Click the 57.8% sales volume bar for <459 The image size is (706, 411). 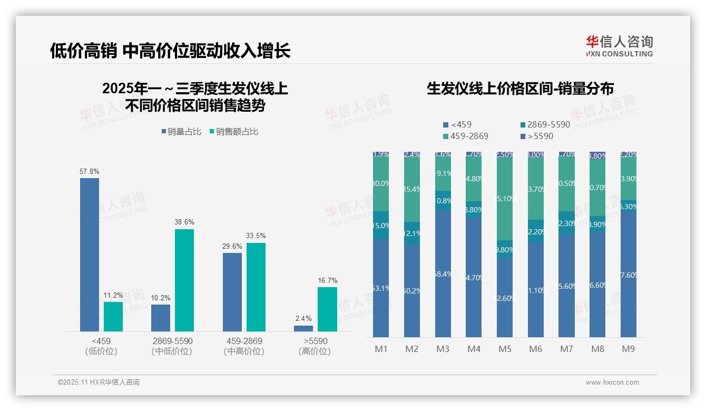point(90,255)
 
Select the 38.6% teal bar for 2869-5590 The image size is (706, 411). point(184,280)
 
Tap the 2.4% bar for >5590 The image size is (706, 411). point(303,328)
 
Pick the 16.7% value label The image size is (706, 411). point(327,280)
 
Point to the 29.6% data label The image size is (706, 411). point(232,246)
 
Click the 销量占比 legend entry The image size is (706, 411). point(181,132)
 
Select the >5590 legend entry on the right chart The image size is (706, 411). point(537,136)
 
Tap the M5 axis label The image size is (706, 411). point(505,349)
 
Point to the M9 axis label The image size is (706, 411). point(629,349)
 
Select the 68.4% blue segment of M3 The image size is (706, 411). point(443,274)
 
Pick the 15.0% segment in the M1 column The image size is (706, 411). point(381,226)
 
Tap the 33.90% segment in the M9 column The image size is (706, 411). point(629,179)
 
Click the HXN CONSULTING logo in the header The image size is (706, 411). point(619,46)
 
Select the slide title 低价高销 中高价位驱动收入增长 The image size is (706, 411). point(170,51)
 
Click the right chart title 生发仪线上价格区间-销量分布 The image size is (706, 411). point(520,89)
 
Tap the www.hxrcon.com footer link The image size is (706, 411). point(612,383)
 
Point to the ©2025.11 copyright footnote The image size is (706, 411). point(99,383)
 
